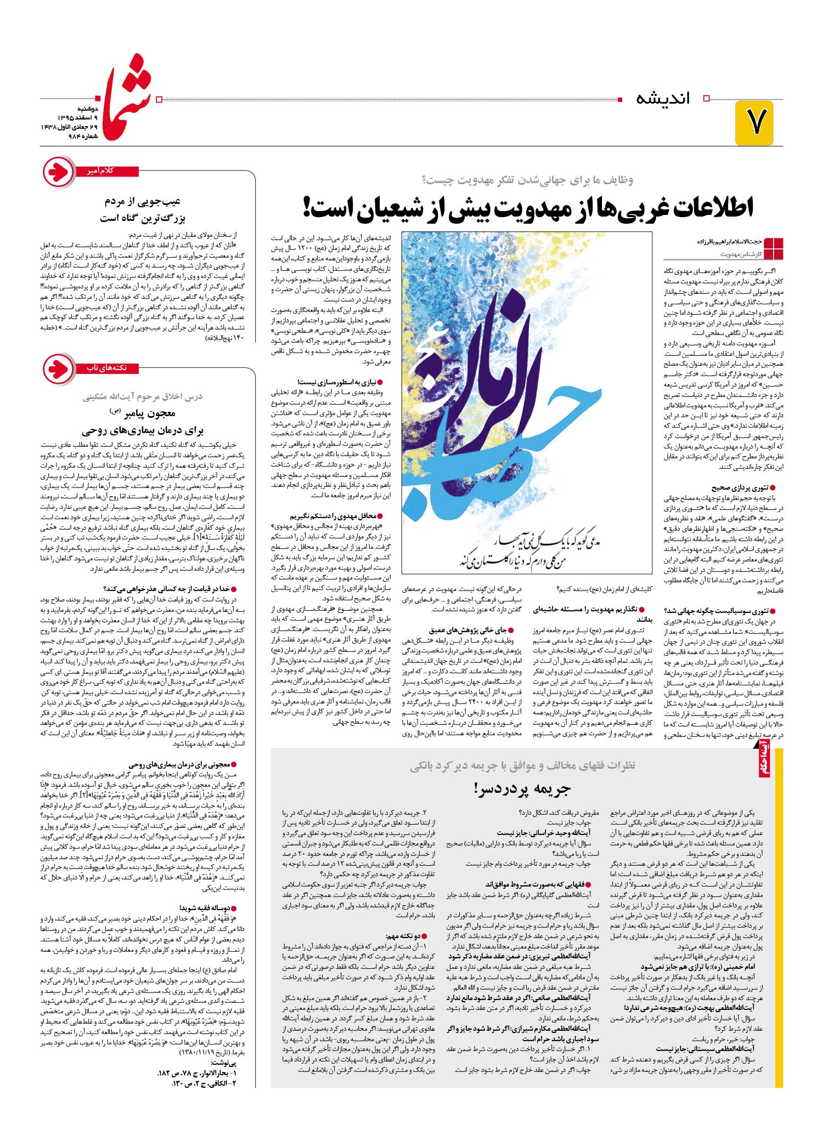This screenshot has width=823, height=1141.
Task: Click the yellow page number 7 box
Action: click(x=754, y=122)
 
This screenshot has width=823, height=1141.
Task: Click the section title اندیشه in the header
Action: click(x=663, y=99)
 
